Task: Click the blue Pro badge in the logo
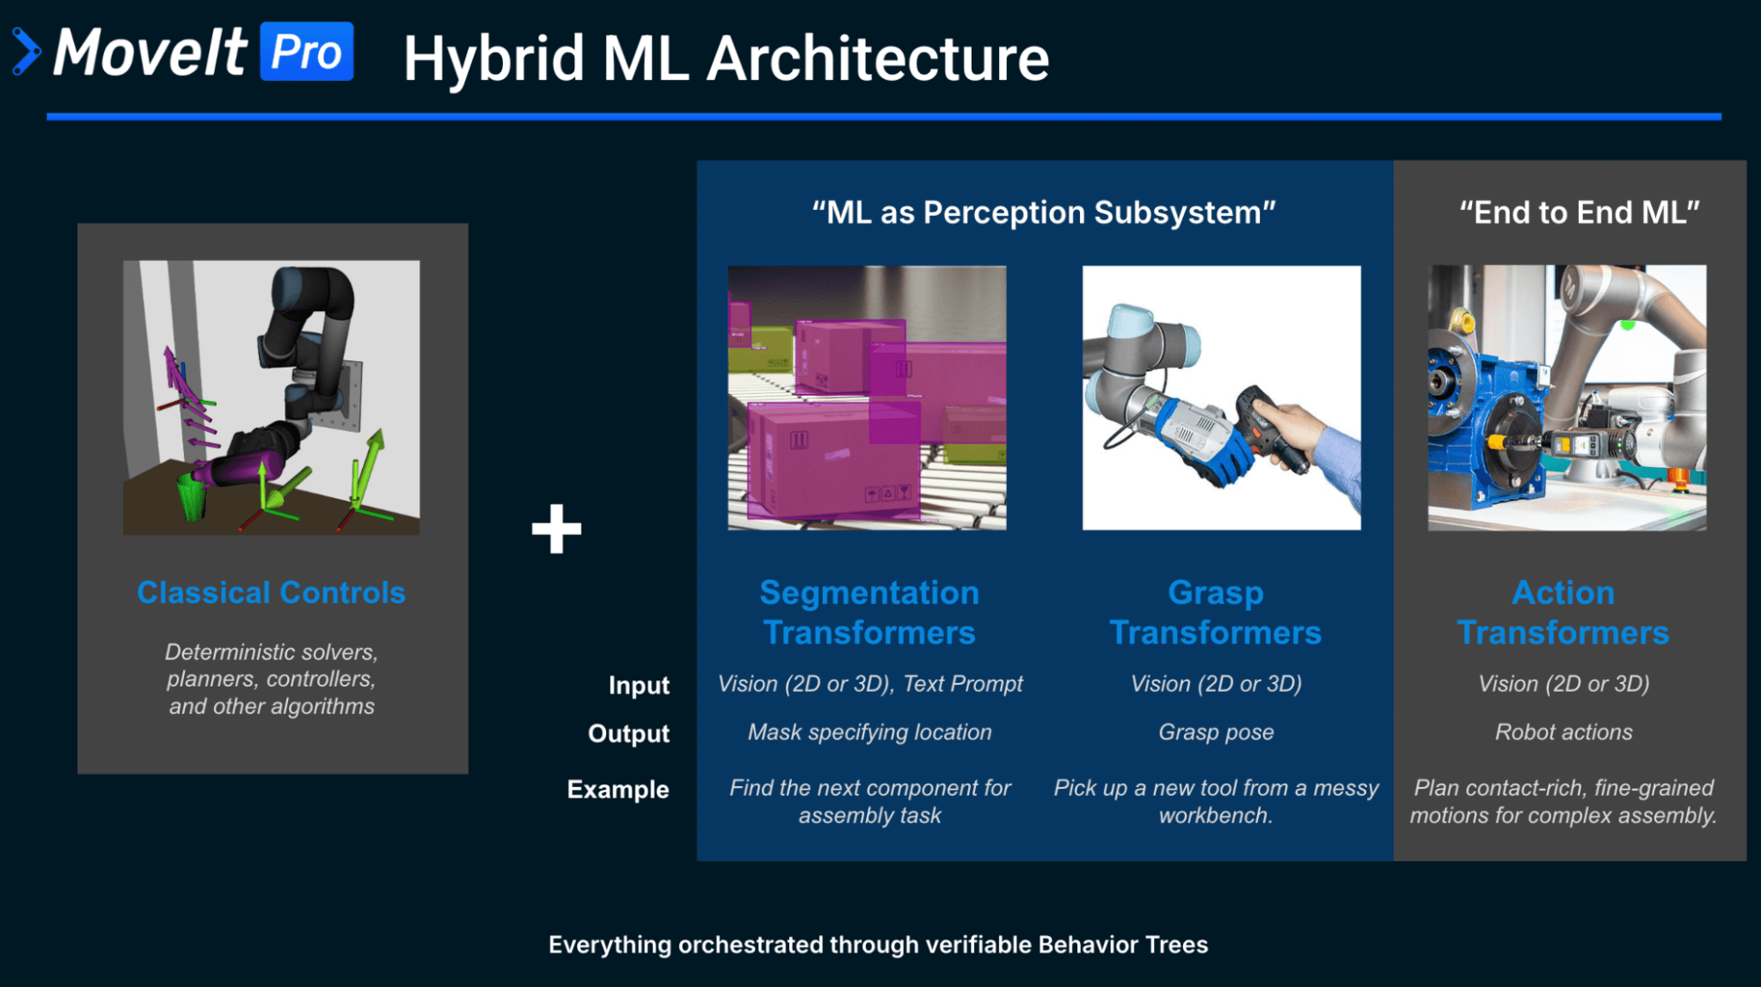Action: click(x=307, y=52)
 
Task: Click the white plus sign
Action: click(x=557, y=529)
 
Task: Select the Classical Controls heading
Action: click(x=271, y=593)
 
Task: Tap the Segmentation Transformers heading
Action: click(x=869, y=612)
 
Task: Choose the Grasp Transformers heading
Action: click(x=1216, y=612)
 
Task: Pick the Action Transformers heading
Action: click(x=1564, y=612)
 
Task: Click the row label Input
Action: click(x=639, y=686)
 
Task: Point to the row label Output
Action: click(x=628, y=734)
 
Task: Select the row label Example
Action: click(x=618, y=790)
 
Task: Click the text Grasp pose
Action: click(x=1216, y=732)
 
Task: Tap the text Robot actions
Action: click(x=1564, y=732)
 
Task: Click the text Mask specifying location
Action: click(x=869, y=732)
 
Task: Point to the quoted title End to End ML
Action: click(x=1579, y=212)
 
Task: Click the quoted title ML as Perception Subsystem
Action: click(x=1044, y=212)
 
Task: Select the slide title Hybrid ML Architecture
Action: click(x=726, y=59)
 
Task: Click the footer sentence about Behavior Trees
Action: click(x=878, y=945)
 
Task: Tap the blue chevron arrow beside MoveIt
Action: click(x=26, y=52)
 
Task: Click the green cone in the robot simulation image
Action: click(x=191, y=498)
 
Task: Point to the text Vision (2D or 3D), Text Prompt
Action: click(x=869, y=684)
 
